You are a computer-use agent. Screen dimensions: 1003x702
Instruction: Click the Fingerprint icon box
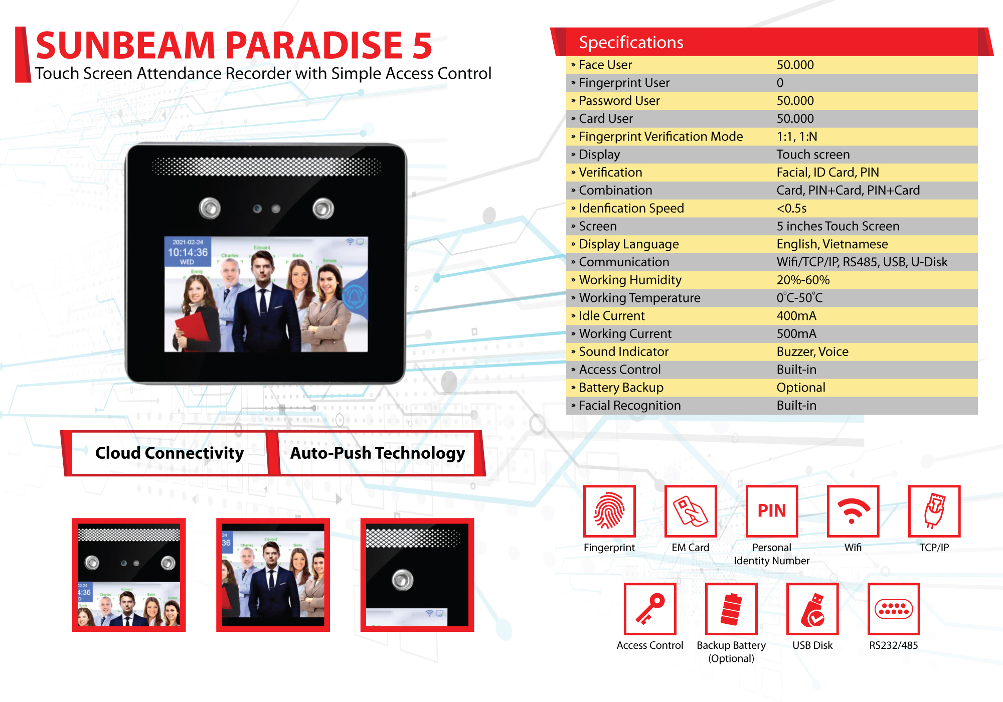tap(609, 511)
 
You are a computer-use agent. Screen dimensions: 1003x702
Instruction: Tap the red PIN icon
tap(772, 511)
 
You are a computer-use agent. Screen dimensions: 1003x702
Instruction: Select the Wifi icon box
tap(853, 511)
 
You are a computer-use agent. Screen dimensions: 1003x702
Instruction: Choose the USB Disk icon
tap(812, 609)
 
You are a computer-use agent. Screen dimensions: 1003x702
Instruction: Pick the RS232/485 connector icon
tap(894, 609)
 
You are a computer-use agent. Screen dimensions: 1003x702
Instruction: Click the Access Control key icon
tap(650, 609)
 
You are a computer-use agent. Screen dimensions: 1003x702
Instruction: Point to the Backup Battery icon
tap(731, 609)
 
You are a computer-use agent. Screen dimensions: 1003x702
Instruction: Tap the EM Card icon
tap(691, 511)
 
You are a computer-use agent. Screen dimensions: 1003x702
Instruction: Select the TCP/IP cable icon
tap(934, 511)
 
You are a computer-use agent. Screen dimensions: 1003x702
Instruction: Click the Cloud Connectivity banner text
tap(170, 453)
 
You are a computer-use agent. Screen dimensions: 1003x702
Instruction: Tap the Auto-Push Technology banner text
tap(378, 453)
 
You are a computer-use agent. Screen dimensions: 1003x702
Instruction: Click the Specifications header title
tap(631, 43)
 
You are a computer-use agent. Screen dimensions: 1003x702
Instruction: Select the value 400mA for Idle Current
tap(796, 316)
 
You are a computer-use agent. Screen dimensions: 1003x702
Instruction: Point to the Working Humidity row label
tap(630, 280)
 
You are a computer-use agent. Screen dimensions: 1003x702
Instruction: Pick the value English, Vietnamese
tap(832, 244)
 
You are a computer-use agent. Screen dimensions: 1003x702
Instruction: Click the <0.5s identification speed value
tap(791, 208)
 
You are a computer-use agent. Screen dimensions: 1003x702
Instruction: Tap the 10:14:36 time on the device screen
tap(188, 252)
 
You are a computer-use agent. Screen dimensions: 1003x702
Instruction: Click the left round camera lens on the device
tap(210, 208)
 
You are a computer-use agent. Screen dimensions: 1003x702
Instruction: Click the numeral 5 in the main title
tap(422, 45)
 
